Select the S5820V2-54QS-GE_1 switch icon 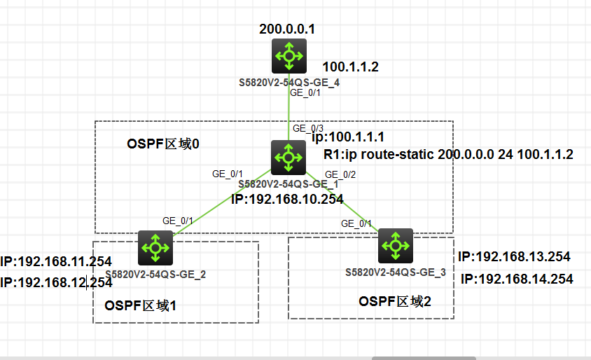pyautogui.click(x=288, y=157)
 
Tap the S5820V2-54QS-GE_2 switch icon pyautogui.click(x=155, y=247)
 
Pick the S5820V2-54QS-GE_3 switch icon pyautogui.click(x=396, y=245)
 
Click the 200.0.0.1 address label pyautogui.click(x=287, y=29)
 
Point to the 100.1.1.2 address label pyautogui.click(x=350, y=67)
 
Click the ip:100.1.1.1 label pyautogui.click(x=347, y=137)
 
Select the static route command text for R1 pyautogui.click(x=449, y=154)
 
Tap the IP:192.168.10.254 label pyautogui.click(x=287, y=199)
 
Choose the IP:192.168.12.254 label pyautogui.click(x=56, y=282)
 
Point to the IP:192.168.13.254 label pyautogui.click(x=514, y=256)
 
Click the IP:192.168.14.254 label pyautogui.click(x=517, y=279)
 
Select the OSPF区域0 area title pyautogui.click(x=164, y=144)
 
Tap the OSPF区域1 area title pyautogui.click(x=139, y=305)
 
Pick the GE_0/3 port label pyautogui.click(x=308, y=128)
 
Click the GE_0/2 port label pyautogui.click(x=340, y=174)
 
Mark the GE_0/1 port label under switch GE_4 pyautogui.click(x=305, y=92)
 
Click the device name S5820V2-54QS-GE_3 pyautogui.click(x=395, y=272)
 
